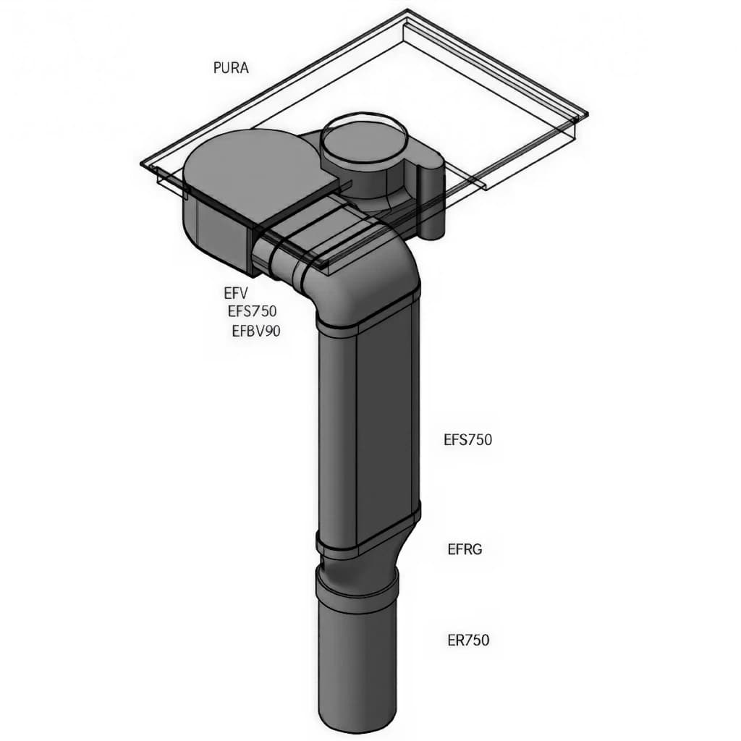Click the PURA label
coord(231,68)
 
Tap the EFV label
coord(236,294)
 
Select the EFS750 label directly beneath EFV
coord(252,312)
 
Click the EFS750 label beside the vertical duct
coord(467,439)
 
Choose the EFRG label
coord(465,549)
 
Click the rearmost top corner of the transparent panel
coord(409,11)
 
